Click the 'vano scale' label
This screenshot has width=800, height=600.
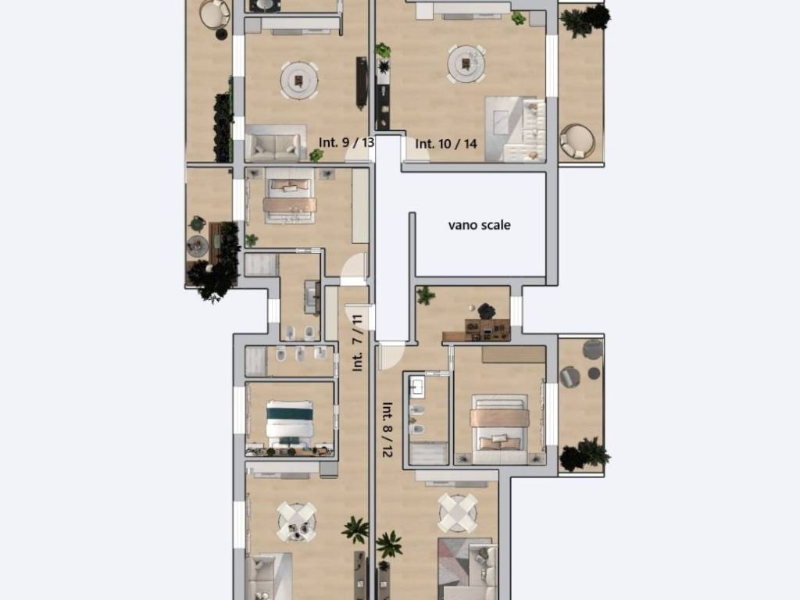click(x=479, y=225)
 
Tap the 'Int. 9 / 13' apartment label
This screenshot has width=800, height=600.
click(x=346, y=142)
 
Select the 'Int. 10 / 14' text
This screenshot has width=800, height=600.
click(x=446, y=144)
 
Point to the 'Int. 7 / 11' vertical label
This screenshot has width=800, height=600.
click(x=357, y=343)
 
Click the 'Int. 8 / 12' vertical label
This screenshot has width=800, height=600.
click(x=387, y=430)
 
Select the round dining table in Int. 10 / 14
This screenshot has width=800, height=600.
click(x=466, y=64)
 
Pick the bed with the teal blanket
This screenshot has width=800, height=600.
click(x=289, y=424)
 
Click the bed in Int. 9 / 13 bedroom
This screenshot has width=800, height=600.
click(x=289, y=195)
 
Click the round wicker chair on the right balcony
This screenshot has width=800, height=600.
click(x=577, y=141)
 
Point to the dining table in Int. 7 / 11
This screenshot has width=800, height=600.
click(x=296, y=522)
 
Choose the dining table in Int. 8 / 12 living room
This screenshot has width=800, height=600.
click(x=458, y=512)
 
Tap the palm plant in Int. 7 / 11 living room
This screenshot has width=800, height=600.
click(x=355, y=530)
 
